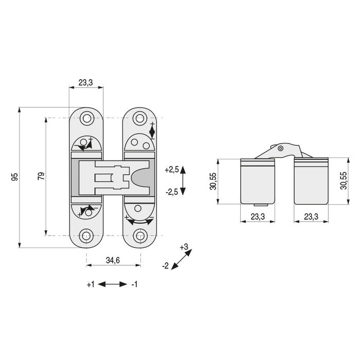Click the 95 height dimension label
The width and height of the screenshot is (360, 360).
[15, 177]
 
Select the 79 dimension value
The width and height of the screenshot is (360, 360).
[41, 176]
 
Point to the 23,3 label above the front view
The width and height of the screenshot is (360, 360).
[86, 82]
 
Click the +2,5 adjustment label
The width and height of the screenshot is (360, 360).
[171, 170]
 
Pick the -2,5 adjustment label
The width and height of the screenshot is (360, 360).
[171, 191]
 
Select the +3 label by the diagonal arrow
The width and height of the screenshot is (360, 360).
[185, 247]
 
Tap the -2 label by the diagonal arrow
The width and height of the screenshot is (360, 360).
[165, 266]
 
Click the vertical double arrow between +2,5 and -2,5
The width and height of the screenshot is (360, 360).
[184, 181]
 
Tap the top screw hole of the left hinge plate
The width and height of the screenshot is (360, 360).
[86, 119]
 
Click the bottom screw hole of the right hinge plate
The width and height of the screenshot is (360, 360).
[139, 236]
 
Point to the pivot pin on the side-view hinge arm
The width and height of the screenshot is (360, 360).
[280, 149]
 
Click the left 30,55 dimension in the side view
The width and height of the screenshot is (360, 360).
[212, 181]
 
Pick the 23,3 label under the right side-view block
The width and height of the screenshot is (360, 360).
[310, 217]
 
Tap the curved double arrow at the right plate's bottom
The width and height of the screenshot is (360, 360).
[139, 222]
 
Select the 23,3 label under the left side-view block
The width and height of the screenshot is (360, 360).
[258, 217]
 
